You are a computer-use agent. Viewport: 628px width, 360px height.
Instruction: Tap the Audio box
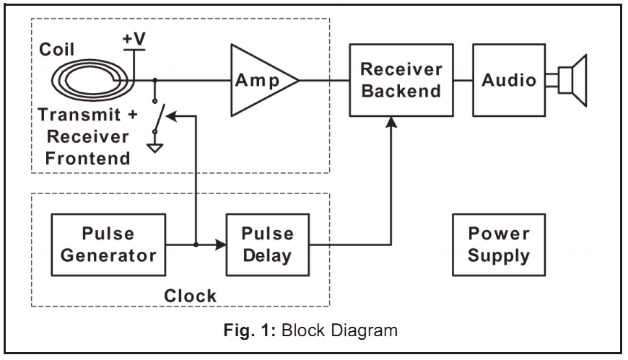tap(509, 79)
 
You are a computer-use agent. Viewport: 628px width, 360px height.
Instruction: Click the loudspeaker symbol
tap(570, 79)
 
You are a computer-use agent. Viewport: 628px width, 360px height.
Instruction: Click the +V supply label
tap(134, 40)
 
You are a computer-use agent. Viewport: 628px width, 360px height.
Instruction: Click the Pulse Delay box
tap(267, 245)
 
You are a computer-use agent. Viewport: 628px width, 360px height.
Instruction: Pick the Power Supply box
tap(499, 245)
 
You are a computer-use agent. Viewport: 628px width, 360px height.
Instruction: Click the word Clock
tap(190, 294)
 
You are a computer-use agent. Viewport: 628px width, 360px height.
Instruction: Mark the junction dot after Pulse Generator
tap(197, 245)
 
